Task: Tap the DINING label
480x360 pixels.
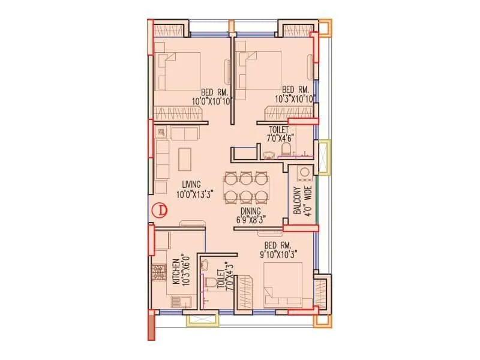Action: pos(251,211)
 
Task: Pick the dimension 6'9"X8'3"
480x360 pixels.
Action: pos(251,220)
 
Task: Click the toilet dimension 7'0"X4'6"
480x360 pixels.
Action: pos(279,138)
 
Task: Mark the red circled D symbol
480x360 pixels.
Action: pos(160,211)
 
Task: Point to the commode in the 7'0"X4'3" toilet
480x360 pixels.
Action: pos(211,284)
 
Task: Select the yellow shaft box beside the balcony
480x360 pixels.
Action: pos(324,157)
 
